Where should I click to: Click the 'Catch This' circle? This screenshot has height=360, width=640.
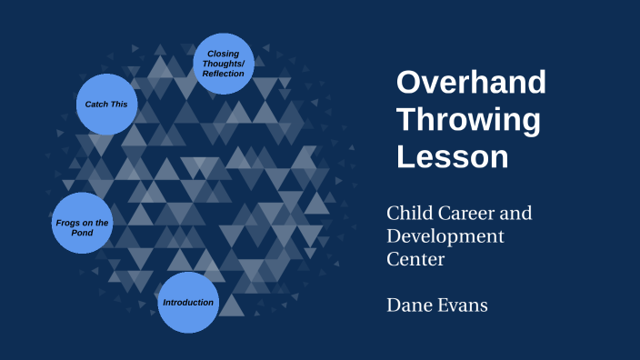pyautogui.click(x=106, y=105)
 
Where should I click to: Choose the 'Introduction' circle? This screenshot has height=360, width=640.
pyautogui.click(x=188, y=302)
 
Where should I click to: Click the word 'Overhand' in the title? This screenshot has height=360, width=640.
pyautogui.click(x=471, y=83)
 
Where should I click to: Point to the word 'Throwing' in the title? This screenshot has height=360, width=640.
pyautogui.click(x=468, y=119)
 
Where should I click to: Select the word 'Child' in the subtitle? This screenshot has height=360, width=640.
pyautogui.click(x=408, y=214)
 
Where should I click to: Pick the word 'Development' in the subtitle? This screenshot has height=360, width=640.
pyautogui.click(x=445, y=236)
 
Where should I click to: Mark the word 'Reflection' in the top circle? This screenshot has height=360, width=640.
pyautogui.click(x=224, y=74)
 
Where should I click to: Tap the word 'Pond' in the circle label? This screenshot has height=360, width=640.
pyautogui.click(x=83, y=233)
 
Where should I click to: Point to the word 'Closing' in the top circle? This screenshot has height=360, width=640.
pyautogui.click(x=224, y=53)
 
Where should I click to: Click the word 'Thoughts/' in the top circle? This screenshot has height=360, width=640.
pyautogui.click(x=224, y=64)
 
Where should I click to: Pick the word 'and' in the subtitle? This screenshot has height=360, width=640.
pyautogui.click(x=515, y=214)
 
